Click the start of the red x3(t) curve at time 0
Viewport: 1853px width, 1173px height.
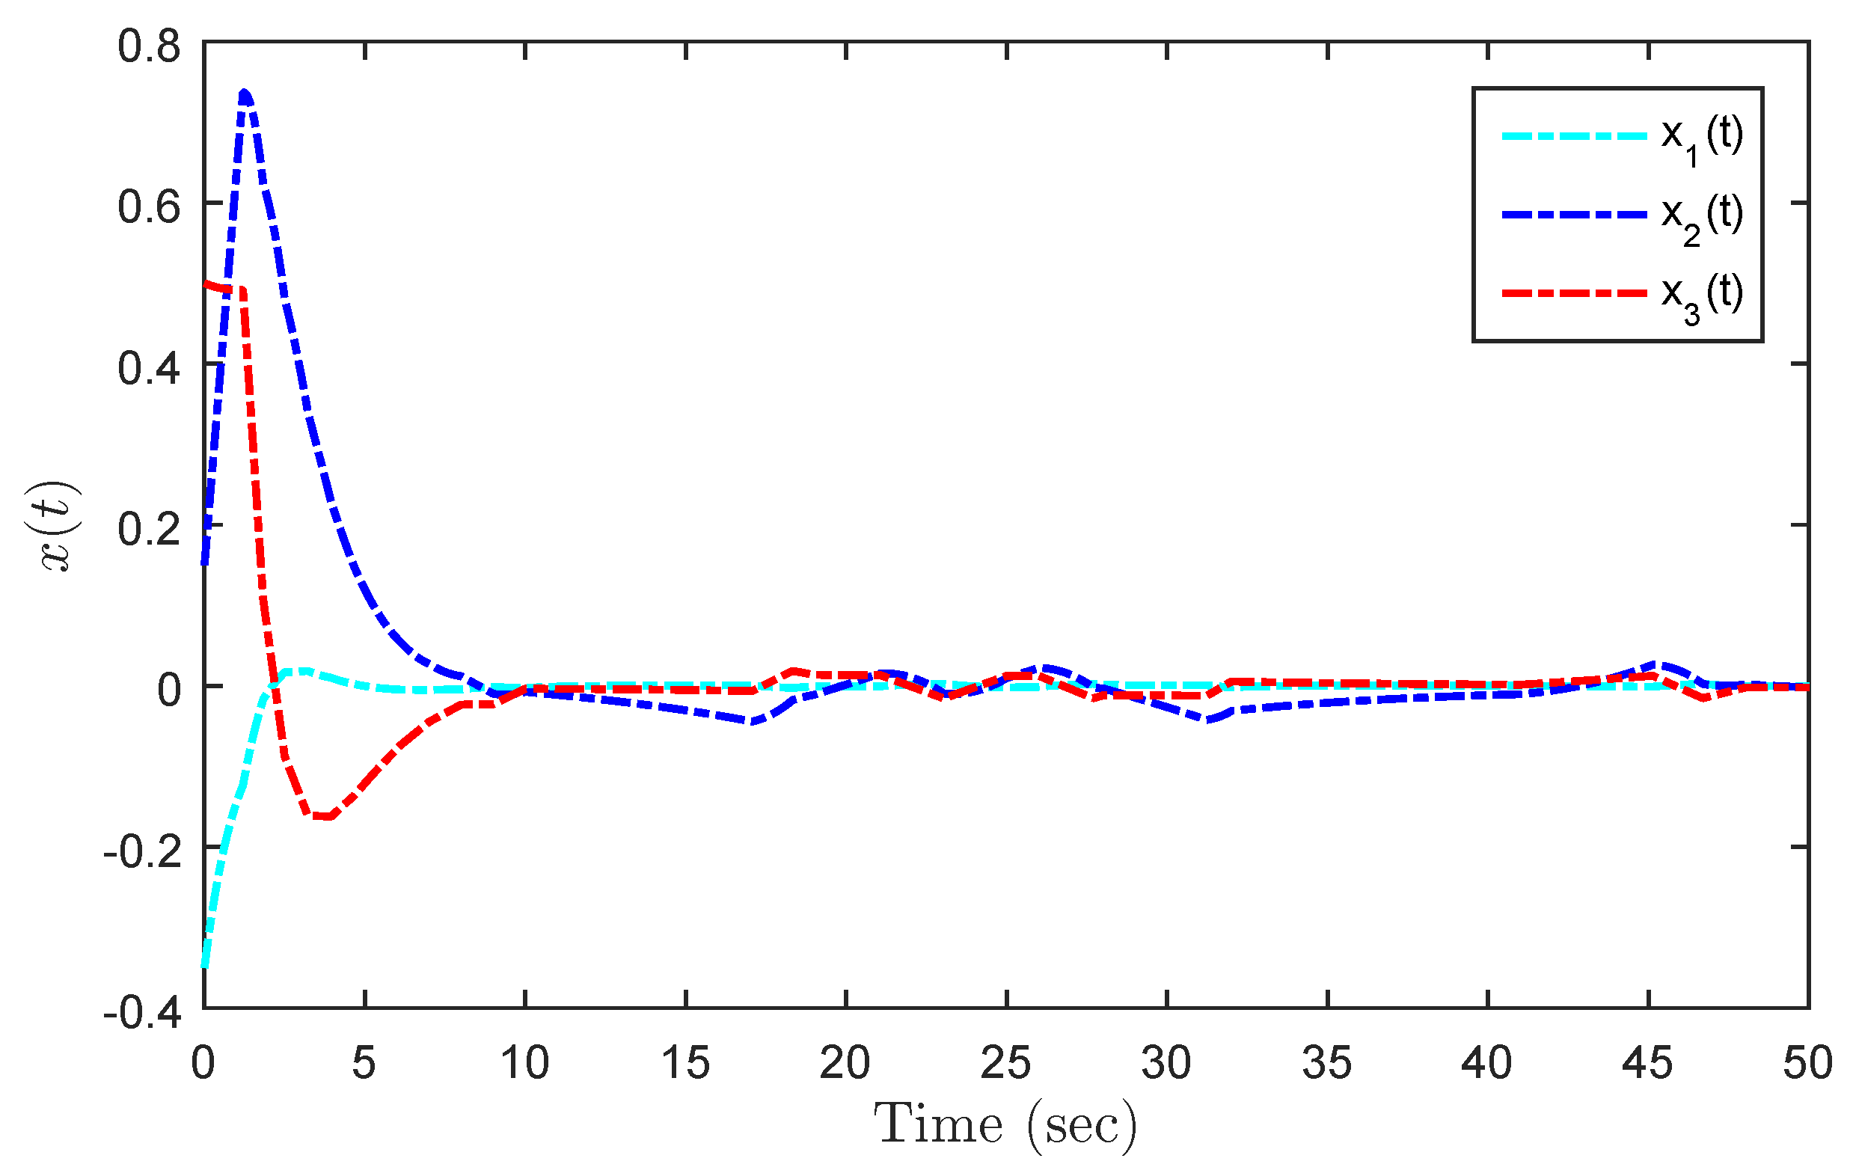[206, 284]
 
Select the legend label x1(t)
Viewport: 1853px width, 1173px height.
[1701, 136]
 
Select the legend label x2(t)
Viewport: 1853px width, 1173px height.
[1701, 215]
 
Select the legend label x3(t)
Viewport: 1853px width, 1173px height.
[1701, 295]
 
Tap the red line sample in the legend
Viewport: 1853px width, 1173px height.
[1574, 293]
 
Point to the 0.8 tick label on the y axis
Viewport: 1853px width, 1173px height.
[149, 46]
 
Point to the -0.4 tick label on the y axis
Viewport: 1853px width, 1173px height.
[142, 1013]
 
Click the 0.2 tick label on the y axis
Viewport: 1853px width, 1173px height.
[149, 530]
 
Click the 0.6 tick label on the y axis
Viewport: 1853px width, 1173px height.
[149, 207]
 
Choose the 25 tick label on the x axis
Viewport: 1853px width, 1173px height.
[1005, 1063]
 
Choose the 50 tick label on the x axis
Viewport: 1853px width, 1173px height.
[1807, 1063]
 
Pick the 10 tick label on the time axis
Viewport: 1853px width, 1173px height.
[525, 1063]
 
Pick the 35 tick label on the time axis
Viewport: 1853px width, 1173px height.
[1326, 1063]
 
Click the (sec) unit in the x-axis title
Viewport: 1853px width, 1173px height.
[1081, 1125]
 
